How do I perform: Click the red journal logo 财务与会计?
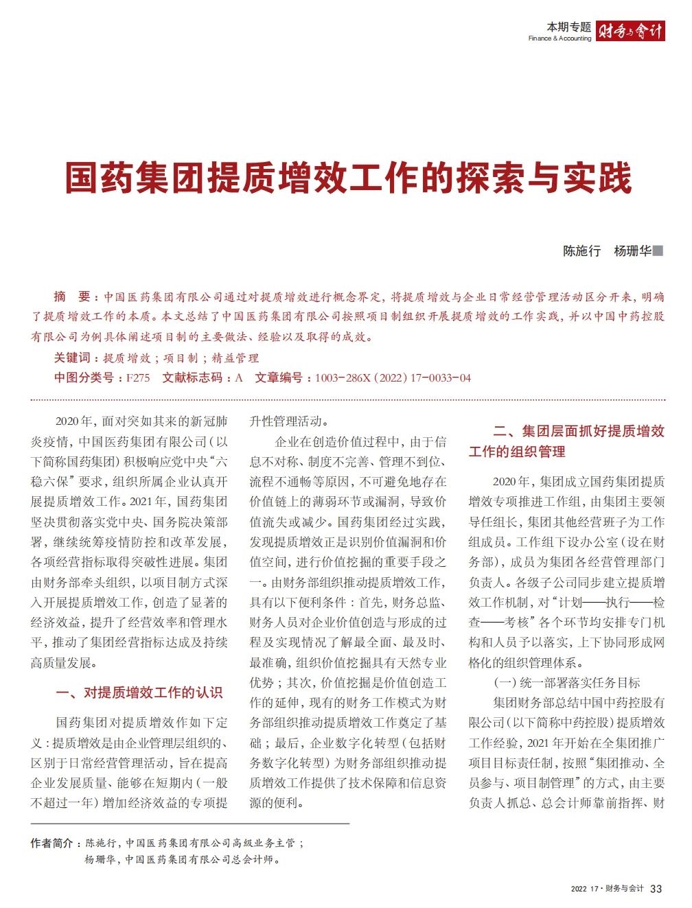[630, 31]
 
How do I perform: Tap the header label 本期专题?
[568, 27]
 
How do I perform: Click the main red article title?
[348, 178]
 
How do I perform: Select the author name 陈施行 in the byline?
[581, 251]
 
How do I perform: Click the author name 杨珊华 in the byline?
[632, 251]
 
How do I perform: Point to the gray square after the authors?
[658, 251]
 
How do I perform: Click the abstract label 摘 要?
[72, 296]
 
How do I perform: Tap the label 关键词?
[72, 358]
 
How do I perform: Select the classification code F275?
[138, 377]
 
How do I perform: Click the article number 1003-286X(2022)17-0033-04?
[393, 377]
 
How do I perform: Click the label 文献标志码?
[192, 377]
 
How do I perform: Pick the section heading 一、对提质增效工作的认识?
[139, 692]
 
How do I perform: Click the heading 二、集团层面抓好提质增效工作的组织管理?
[566, 441]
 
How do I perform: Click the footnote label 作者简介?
[51, 843]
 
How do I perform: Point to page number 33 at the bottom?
[656, 889]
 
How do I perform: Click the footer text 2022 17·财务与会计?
[607, 889]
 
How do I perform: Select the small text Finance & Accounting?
[560, 38]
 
